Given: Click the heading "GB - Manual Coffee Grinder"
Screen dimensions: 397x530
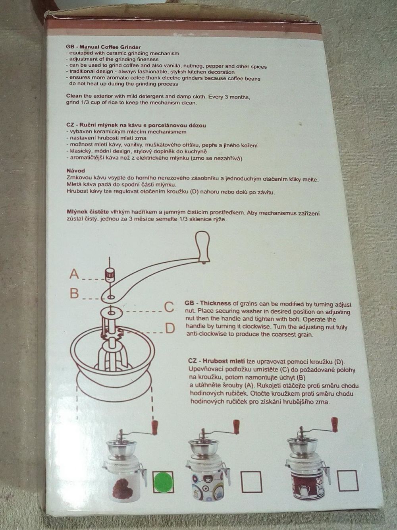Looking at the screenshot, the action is coord(103,47).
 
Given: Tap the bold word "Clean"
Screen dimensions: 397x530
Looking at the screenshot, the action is coord(74,96).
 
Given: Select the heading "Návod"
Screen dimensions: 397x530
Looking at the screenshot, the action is coord(76,171).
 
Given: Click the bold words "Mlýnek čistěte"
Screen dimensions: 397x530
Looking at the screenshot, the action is coord(88,213).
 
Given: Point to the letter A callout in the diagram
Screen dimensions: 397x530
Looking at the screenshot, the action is coord(74,274).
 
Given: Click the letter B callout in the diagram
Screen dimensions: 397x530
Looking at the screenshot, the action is coord(74,294).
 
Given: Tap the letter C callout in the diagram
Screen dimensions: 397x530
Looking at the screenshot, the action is coord(169,308).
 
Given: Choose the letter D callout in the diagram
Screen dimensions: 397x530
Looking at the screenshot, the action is coord(170,329).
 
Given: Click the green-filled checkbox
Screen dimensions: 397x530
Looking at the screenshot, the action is coord(163,482).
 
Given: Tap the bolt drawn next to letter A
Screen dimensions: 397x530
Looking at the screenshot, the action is coord(109,275).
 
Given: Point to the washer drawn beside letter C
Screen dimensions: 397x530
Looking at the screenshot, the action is coord(111,312).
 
